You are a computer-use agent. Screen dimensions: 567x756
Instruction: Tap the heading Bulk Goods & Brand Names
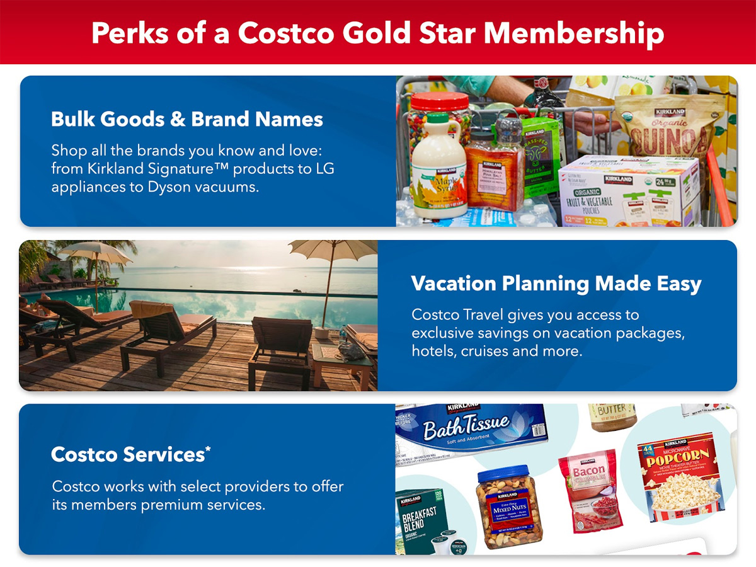tap(187, 119)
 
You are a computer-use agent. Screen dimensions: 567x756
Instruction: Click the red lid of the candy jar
tap(440, 101)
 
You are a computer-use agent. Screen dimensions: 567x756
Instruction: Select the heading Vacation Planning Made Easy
tap(556, 283)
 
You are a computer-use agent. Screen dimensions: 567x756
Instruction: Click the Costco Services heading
tap(127, 454)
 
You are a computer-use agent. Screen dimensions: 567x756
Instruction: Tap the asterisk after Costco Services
tap(208, 449)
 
